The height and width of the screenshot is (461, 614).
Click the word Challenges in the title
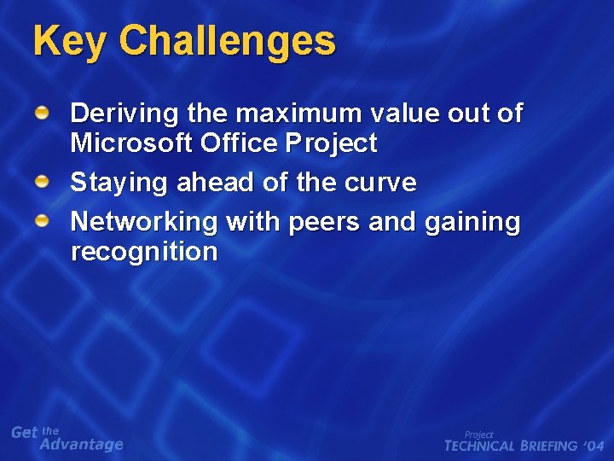pos(228,41)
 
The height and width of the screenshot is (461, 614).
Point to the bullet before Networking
pos(42,221)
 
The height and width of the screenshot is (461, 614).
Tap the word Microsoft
pos(132,143)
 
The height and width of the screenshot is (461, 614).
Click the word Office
pos(238,143)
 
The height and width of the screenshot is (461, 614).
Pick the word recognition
pos(144,252)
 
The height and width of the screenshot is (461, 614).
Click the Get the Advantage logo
pos(67,438)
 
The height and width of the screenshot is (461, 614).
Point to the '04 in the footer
pos(594,446)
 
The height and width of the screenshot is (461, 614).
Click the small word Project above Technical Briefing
pos(478,435)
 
